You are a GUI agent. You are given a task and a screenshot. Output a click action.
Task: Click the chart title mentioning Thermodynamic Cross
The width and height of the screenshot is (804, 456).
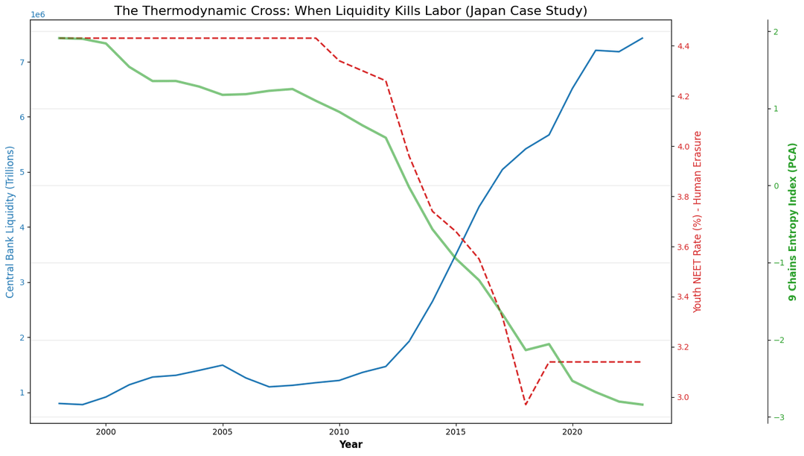[x=350, y=11]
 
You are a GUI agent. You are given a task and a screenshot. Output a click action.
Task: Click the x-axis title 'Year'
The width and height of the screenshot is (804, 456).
[x=350, y=445]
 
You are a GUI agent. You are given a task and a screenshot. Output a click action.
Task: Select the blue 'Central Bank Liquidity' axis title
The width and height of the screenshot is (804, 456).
[x=10, y=222]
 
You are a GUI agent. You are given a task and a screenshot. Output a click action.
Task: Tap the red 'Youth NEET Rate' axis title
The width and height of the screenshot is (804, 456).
[x=698, y=222]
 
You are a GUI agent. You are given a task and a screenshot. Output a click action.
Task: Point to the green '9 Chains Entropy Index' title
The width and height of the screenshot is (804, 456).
[x=793, y=222]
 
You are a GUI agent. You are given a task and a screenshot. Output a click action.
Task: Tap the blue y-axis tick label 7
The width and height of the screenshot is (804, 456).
[x=22, y=62]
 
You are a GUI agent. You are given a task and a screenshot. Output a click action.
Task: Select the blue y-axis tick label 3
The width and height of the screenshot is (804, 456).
[x=22, y=282]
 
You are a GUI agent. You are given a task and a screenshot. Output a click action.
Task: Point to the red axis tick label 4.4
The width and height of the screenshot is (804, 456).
[x=687, y=46]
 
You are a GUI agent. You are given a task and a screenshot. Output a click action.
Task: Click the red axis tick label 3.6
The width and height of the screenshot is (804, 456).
[x=687, y=247]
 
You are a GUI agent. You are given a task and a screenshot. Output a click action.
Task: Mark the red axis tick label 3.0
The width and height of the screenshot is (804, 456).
[x=687, y=397]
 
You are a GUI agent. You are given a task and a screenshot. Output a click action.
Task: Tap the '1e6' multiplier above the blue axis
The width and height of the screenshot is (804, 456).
[x=37, y=15]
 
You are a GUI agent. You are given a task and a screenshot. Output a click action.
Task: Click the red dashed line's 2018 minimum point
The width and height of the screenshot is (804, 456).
[x=526, y=405]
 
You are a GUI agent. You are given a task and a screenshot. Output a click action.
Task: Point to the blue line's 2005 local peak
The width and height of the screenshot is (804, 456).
[x=222, y=365]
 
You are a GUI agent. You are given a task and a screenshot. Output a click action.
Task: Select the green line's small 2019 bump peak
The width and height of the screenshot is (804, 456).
[x=549, y=344]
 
